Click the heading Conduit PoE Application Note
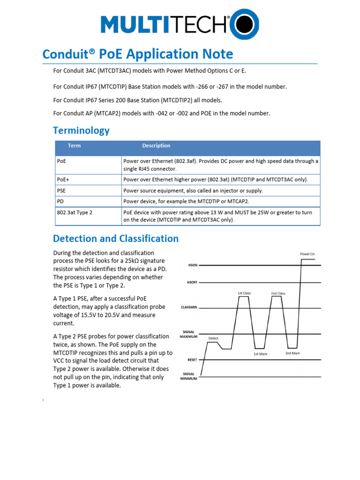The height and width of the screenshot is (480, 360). pyautogui.click(x=137, y=54)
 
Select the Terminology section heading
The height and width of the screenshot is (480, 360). pyautogui.click(x=81, y=130)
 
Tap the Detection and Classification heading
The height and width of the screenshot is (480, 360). pyautogui.click(x=116, y=239)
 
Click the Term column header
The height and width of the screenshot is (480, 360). pyautogui.click(x=74, y=146)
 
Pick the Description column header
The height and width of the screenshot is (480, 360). pyautogui.click(x=156, y=146)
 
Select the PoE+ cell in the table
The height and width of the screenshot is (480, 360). pyautogui.click(x=63, y=179)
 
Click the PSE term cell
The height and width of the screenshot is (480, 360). pyautogui.click(x=61, y=190)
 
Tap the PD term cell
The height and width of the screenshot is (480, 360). pyautogui.click(x=60, y=201)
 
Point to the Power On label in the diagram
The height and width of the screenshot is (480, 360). pyautogui.click(x=307, y=254)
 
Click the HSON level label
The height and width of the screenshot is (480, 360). pyautogui.click(x=192, y=265)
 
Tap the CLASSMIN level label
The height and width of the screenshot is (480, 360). pyautogui.click(x=189, y=307)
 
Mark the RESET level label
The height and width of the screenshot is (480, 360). pyautogui.click(x=192, y=360)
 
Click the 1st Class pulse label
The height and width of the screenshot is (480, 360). pyautogui.click(x=244, y=293)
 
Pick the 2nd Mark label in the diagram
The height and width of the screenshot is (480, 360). pyautogui.click(x=292, y=353)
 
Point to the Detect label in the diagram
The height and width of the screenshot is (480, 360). pyautogui.click(x=213, y=338)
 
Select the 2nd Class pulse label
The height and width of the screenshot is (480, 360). pyautogui.click(x=277, y=293)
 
